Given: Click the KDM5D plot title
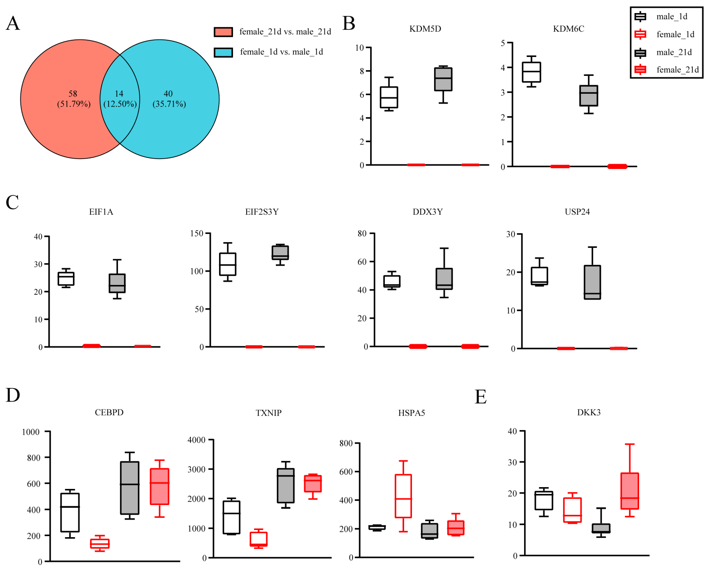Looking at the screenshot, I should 425,29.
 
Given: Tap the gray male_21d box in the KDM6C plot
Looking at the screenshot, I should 589,96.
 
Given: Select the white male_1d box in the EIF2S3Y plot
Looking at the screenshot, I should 228,264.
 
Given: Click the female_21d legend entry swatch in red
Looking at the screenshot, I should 640,69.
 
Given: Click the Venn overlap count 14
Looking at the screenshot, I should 119,94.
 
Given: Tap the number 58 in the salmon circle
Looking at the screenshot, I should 73,94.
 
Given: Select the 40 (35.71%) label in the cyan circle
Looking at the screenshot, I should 169,99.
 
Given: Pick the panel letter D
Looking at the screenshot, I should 13,395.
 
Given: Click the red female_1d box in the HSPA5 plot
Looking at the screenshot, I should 403,496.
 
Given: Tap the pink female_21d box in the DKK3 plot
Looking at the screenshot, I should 629,491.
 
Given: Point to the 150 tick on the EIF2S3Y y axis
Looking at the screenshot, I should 197,234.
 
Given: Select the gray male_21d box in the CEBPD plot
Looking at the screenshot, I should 130,488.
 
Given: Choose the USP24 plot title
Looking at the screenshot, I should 577,212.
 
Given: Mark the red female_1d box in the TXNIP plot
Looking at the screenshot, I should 258,539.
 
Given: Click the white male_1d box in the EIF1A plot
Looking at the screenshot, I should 66,279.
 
